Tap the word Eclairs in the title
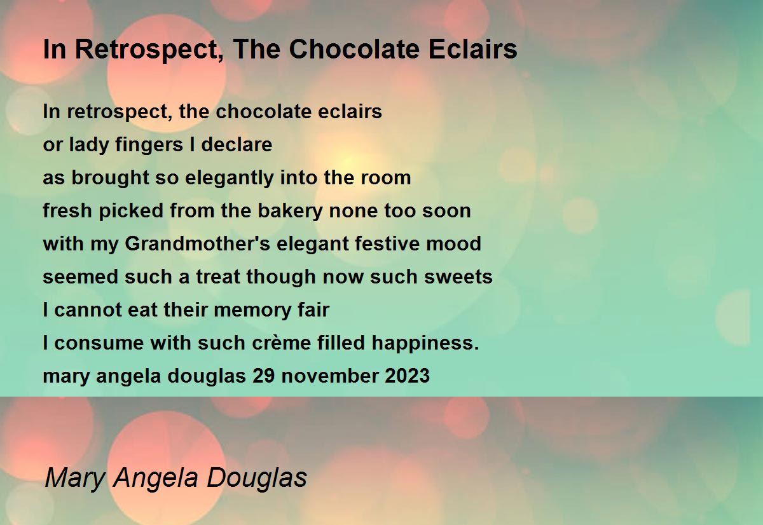point(473,49)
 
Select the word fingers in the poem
point(149,146)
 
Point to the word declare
point(237,144)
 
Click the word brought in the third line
point(110,179)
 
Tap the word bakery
point(290,212)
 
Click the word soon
point(446,212)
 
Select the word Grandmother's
point(198,244)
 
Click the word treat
point(218,276)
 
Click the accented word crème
point(282,343)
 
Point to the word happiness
point(425,343)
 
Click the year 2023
point(408,376)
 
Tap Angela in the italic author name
point(155,479)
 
